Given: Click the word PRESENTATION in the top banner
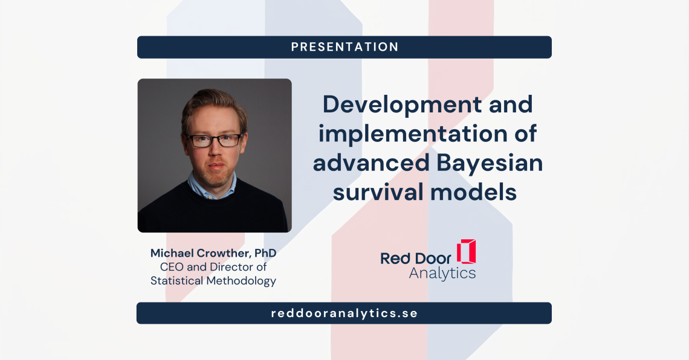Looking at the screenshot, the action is tap(344, 47).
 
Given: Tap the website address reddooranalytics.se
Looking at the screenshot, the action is tap(344, 313).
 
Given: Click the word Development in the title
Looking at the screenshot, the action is tap(403, 105).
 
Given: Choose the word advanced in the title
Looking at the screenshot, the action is tap(371, 163).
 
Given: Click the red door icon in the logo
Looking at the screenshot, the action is tap(466, 251).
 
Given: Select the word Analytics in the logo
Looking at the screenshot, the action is tap(442, 274).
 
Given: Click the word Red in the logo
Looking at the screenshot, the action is tap(395, 259).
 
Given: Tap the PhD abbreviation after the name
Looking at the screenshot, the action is tap(265, 253).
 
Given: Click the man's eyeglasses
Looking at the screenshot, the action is tap(215, 141).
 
